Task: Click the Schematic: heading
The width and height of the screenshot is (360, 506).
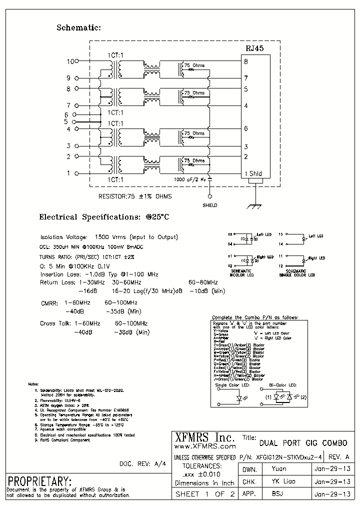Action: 79,28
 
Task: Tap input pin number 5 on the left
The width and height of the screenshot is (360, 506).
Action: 65,121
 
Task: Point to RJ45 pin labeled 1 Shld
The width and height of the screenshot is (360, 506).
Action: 253,174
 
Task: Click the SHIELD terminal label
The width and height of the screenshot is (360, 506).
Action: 209,205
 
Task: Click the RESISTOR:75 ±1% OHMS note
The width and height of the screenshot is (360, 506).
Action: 135,196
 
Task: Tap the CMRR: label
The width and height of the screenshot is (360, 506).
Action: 49,303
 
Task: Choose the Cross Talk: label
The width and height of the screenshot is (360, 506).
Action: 55,323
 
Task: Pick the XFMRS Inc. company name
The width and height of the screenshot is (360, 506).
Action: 203,436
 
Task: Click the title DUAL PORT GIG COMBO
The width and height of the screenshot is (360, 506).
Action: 303,442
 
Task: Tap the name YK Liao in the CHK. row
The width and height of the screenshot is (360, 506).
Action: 283,481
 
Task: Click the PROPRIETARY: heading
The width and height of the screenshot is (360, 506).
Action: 39,481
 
